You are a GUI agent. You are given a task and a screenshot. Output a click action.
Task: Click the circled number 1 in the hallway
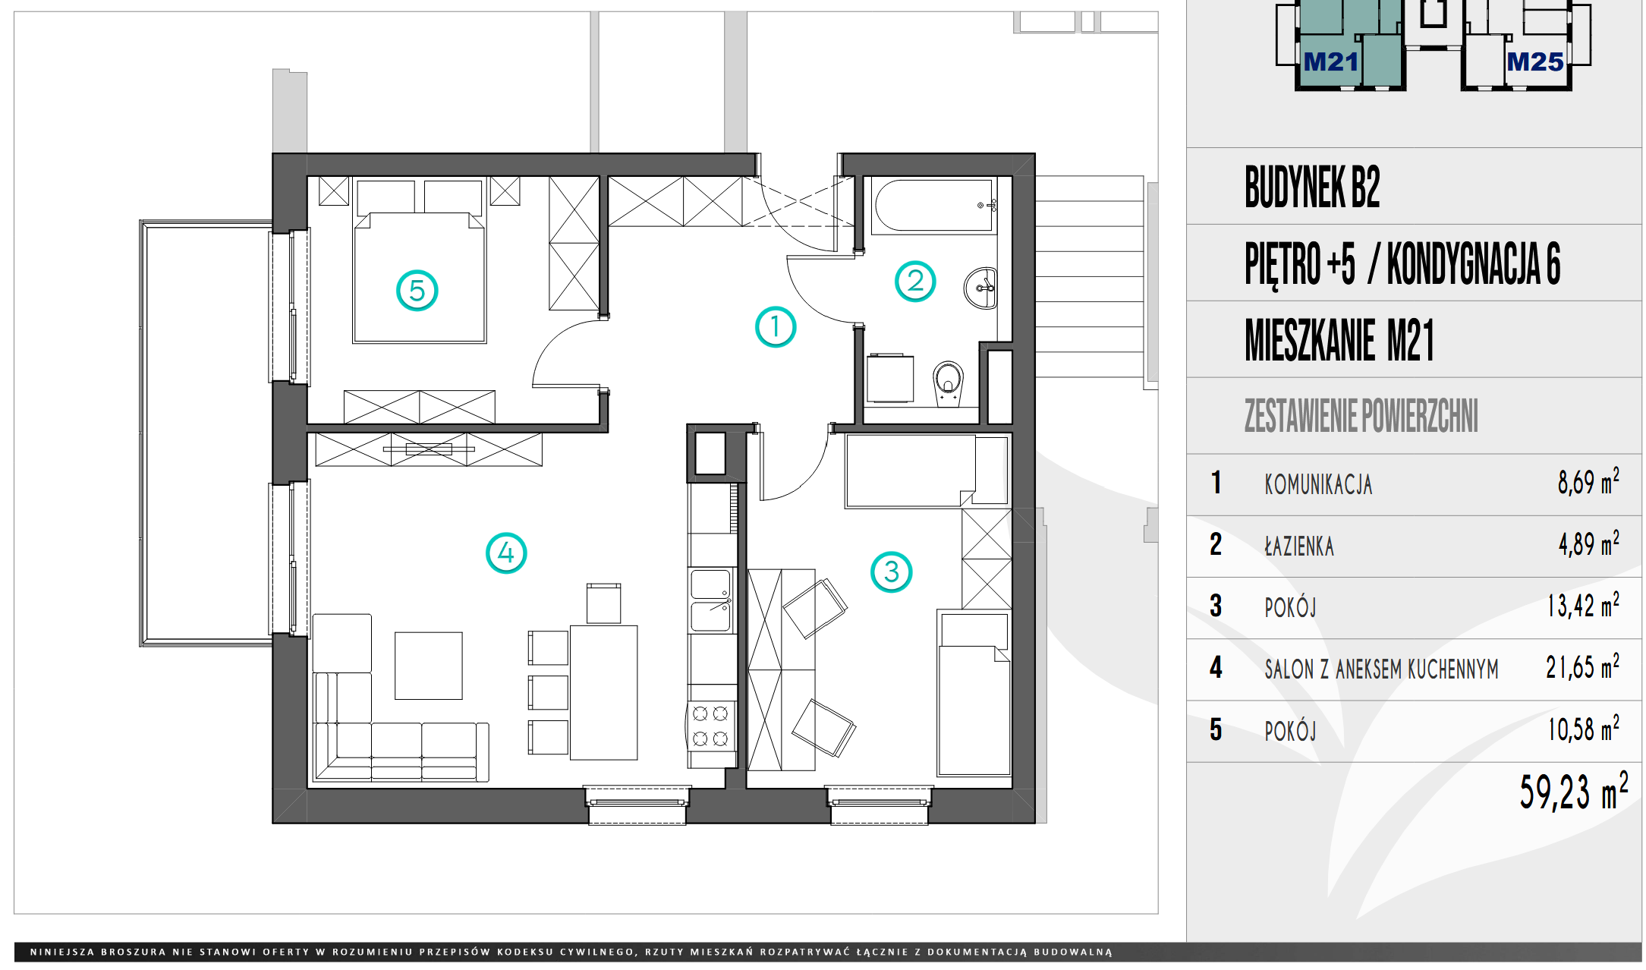point(775,327)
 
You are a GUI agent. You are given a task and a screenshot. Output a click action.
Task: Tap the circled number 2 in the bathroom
point(915,282)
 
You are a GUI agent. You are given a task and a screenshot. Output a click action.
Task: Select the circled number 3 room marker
point(892,572)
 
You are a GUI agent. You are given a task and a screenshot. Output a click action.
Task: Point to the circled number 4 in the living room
point(506,553)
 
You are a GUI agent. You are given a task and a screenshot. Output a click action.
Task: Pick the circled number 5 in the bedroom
point(417,290)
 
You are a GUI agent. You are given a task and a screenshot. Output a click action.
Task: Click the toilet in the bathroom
point(948,382)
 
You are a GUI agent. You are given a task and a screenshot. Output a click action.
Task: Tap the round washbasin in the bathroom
point(980,288)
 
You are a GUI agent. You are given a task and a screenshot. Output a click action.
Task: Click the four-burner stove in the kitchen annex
point(711,726)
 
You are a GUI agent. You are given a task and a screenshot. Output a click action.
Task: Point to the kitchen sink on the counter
point(711,600)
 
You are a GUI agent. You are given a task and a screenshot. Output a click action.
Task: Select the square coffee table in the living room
point(429,666)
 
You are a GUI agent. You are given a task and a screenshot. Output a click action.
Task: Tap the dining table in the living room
point(604,692)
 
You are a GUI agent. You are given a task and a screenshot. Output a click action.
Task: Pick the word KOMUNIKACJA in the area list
point(1318,484)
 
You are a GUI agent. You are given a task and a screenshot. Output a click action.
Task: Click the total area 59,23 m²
point(1573,791)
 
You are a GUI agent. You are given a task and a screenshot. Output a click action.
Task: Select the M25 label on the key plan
point(1534,61)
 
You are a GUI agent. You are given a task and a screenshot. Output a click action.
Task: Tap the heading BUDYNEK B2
point(1312,187)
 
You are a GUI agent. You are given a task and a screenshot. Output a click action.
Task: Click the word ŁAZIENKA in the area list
point(1299,546)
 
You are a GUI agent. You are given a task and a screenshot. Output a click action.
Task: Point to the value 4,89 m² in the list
point(1588,543)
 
